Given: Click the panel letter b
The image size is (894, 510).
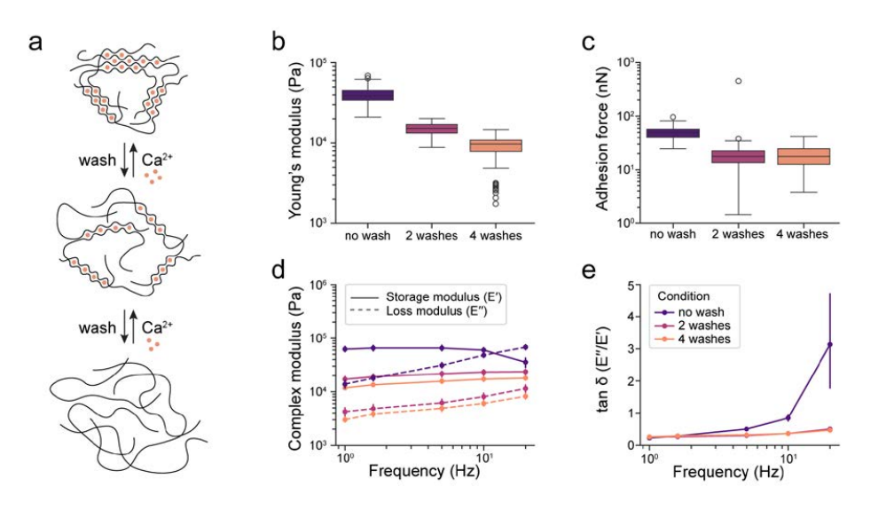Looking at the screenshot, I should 278,41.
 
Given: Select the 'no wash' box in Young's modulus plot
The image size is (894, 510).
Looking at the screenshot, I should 367,95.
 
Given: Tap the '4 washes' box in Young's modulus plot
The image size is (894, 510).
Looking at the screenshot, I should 495,145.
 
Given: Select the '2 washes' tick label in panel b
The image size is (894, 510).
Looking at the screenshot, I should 431,238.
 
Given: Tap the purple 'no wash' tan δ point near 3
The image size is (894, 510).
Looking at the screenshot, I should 829,344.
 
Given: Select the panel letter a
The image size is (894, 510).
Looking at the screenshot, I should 36,41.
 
